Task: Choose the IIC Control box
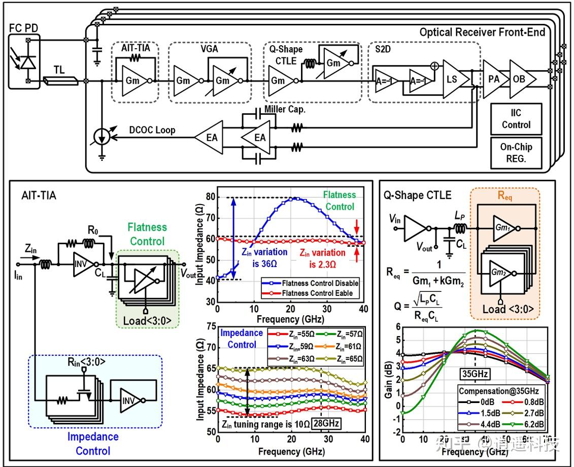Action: [516, 119]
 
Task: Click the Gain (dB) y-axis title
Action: [389, 379]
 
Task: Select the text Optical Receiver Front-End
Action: [482, 33]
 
